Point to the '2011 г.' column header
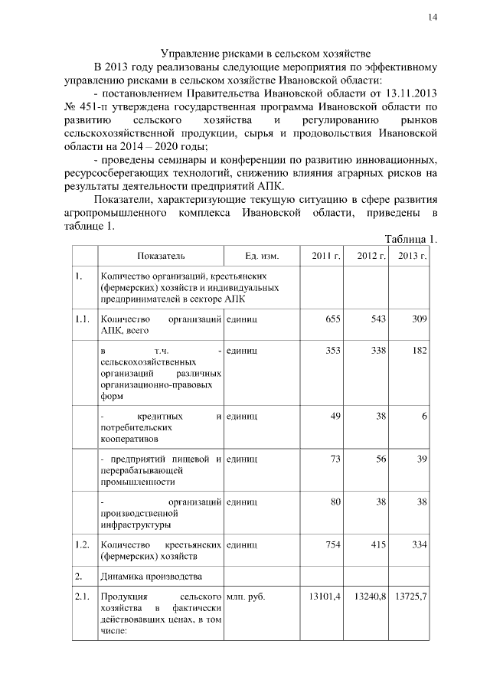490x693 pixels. [x=325, y=255]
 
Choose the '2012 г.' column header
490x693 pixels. [x=371, y=255]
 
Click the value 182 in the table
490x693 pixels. [x=418, y=350]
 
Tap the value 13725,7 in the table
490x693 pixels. [x=411, y=595]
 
